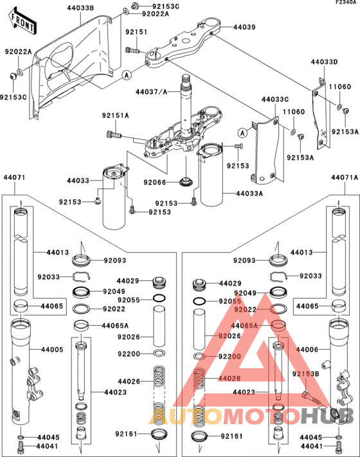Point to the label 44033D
coord(324,62)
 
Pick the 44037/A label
coord(151,92)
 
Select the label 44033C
coord(274,100)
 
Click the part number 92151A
coord(115,116)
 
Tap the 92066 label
coord(155,183)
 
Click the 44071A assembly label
coord(345,177)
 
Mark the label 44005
coord(52,350)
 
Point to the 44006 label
coord(307,350)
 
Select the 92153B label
coord(306,373)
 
